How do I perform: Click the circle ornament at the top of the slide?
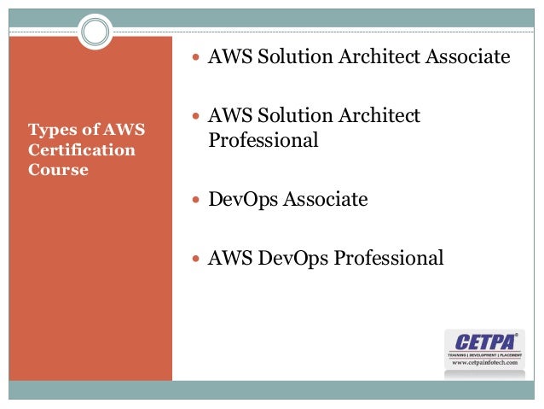point(95,33)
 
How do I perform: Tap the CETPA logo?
point(482,339)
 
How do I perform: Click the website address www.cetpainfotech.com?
point(483,362)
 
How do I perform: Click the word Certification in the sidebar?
point(82,150)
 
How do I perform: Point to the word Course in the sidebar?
point(58,169)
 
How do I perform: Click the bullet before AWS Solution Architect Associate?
point(198,59)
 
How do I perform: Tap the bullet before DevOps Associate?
point(198,201)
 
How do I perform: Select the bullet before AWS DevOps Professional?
point(198,258)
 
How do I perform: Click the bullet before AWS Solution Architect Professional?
point(198,116)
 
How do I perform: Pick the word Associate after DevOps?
point(326,200)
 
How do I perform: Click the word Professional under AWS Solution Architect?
point(263,139)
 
